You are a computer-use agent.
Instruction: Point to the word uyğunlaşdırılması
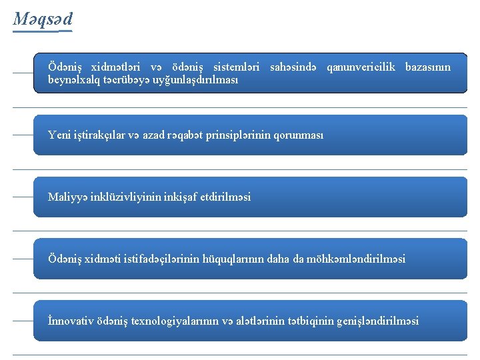197,79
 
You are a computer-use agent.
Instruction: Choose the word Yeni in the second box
59,135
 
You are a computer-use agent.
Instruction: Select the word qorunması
299,135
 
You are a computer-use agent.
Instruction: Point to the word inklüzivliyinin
125,197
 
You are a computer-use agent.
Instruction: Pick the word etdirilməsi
225,197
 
